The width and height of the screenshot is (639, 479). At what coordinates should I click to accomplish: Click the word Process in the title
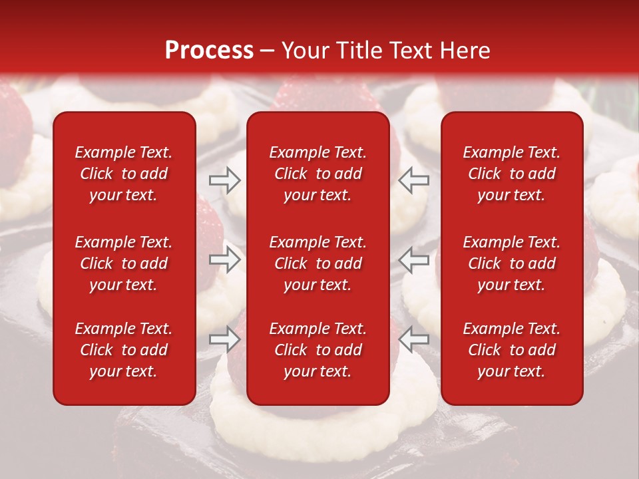[209, 51]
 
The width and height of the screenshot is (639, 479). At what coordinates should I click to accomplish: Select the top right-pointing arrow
[224, 180]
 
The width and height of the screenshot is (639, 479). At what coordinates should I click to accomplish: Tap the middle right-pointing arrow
[224, 260]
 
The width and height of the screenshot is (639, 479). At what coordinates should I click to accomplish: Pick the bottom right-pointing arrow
[224, 339]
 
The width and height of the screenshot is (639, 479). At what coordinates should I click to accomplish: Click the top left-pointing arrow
[414, 180]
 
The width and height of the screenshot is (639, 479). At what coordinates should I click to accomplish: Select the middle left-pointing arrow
[414, 260]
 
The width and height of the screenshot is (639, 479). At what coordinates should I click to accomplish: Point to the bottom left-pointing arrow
[414, 339]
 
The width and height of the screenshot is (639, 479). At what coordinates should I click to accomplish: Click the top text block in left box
[124, 174]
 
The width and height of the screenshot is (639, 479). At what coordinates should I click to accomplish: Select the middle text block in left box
[124, 263]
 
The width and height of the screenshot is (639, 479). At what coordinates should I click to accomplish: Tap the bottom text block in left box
[124, 350]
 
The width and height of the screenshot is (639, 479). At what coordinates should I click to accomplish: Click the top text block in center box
[318, 174]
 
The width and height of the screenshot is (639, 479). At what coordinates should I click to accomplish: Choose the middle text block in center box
[318, 263]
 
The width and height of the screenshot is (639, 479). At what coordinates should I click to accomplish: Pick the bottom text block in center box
[318, 350]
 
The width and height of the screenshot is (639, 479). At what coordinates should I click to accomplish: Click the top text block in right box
[511, 174]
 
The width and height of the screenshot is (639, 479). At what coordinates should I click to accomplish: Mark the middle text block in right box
[511, 263]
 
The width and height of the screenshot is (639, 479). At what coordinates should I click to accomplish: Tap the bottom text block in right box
[511, 350]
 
